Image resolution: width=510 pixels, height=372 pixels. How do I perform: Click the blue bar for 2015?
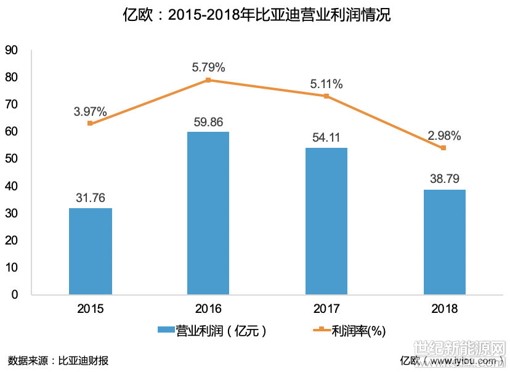click(91, 251)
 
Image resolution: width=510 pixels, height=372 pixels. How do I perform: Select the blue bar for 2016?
click(208, 213)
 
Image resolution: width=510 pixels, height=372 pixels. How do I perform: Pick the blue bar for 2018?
click(444, 241)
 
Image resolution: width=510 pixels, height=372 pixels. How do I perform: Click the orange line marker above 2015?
click(91, 123)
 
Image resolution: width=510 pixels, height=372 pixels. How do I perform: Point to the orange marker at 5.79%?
click(208, 80)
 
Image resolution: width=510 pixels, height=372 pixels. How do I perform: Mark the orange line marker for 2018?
click(443, 148)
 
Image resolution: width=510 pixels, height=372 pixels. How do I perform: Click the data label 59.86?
click(208, 122)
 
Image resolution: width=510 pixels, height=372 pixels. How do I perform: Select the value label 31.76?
click(91, 198)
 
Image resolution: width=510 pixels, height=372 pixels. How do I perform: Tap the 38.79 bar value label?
click(444, 180)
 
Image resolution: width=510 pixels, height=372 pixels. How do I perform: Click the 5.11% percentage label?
click(326, 84)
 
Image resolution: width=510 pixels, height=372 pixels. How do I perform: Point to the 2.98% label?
click(444, 135)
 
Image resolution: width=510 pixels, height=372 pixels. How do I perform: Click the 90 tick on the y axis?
click(12, 51)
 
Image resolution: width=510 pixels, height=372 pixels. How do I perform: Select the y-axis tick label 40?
click(12, 186)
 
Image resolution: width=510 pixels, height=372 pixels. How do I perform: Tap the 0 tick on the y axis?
click(15, 294)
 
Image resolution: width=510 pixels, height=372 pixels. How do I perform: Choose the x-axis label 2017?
click(326, 309)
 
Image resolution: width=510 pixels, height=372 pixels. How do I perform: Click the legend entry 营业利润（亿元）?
click(212, 331)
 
